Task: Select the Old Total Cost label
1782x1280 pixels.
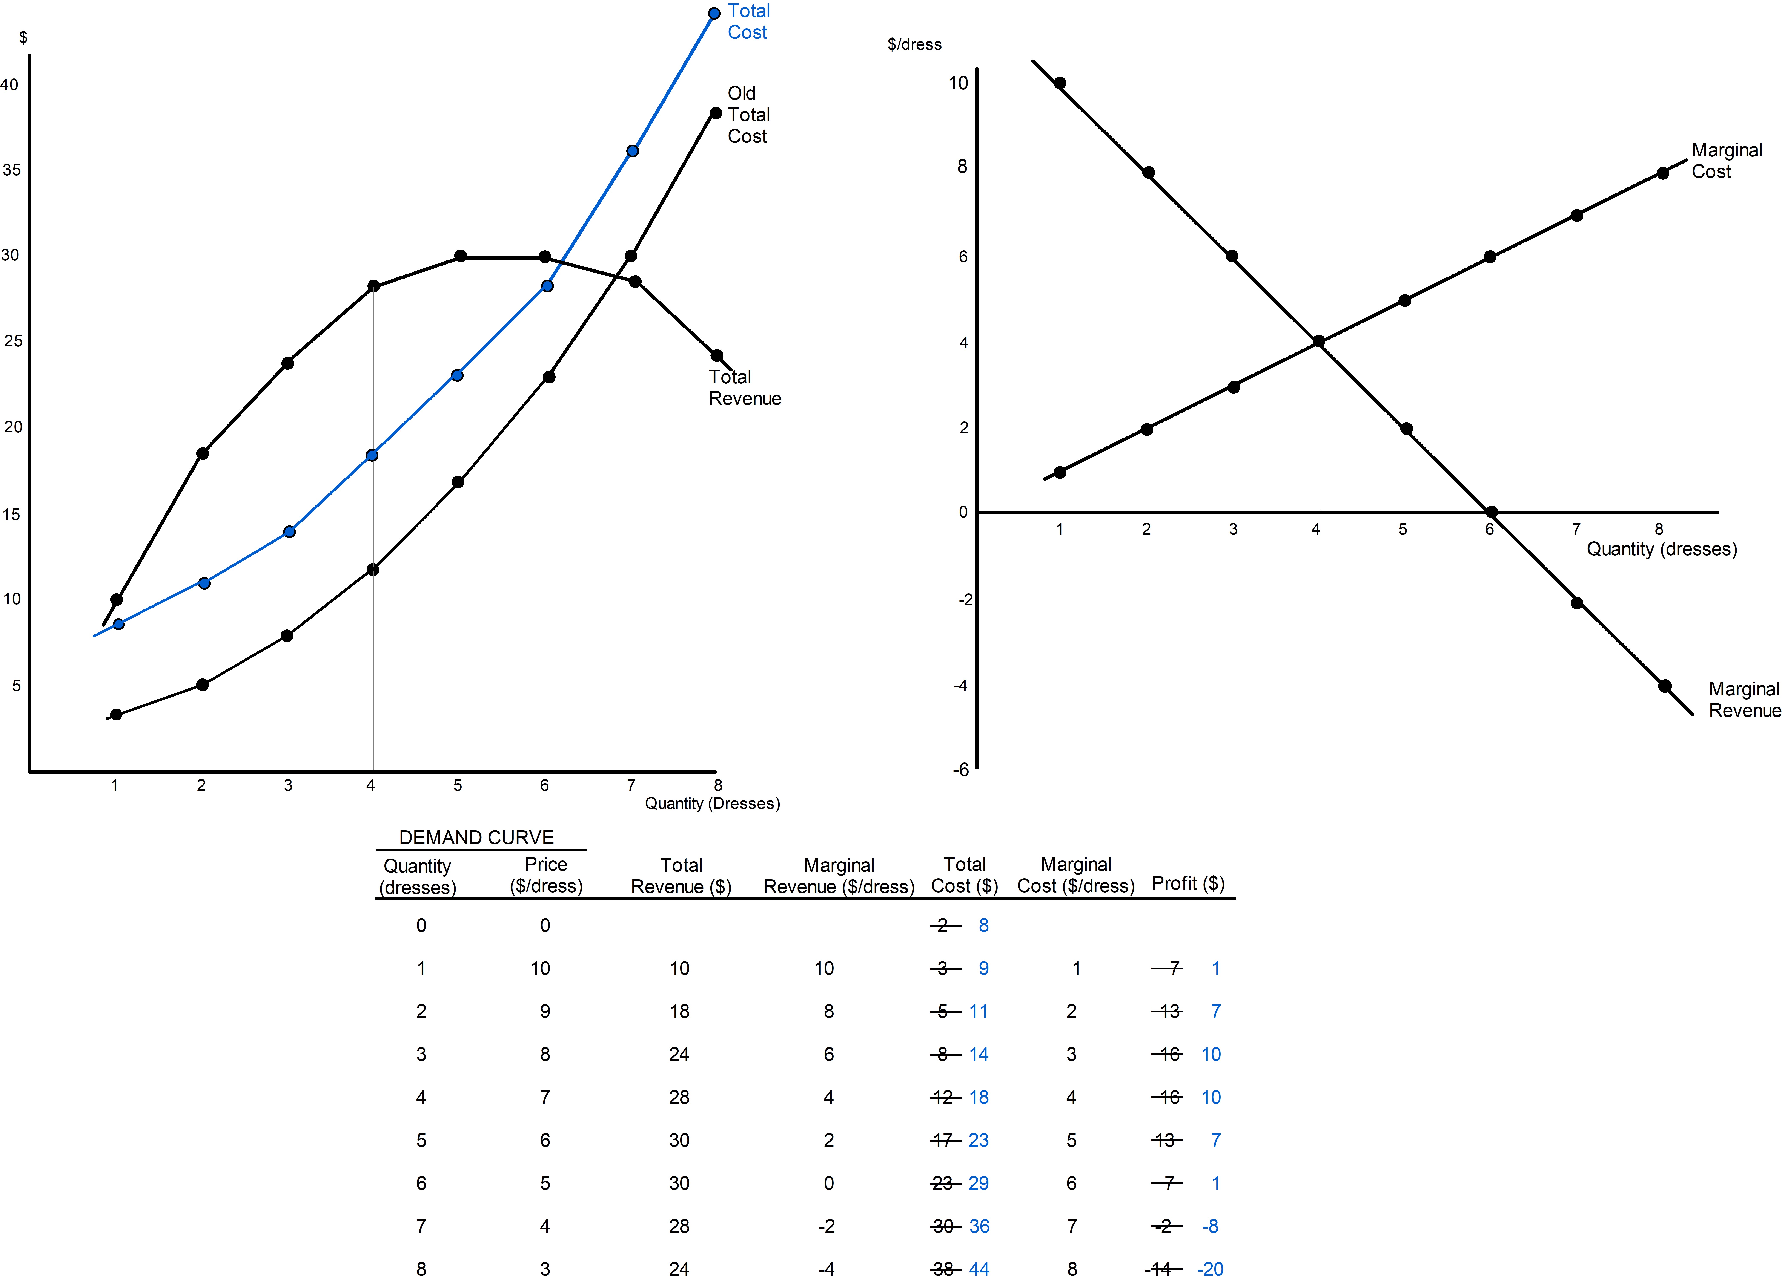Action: (x=748, y=115)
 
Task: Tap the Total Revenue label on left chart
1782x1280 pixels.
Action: (x=744, y=388)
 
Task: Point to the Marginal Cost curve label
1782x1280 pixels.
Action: (x=1726, y=161)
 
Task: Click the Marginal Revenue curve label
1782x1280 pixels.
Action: (x=1744, y=700)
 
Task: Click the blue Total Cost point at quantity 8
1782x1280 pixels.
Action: (x=714, y=13)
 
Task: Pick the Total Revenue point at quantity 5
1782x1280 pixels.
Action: (x=460, y=256)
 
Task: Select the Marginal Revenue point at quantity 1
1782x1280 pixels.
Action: (x=1060, y=83)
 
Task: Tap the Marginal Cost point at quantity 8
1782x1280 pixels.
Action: (x=1663, y=174)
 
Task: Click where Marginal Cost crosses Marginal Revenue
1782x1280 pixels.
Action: (x=1318, y=341)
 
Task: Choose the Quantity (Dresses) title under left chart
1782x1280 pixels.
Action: (x=712, y=803)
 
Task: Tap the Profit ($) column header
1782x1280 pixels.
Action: (x=1187, y=883)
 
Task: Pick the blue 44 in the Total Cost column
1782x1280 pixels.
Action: (x=979, y=1269)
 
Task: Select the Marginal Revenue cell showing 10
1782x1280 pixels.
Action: (x=823, y=968)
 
